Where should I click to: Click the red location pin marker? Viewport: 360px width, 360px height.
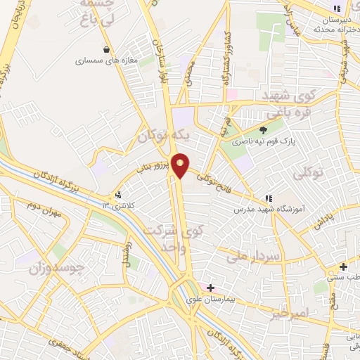pyautogui.click(x=181, y=165)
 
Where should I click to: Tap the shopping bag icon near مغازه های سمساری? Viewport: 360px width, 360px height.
pyautogui.click(x=105, y=49)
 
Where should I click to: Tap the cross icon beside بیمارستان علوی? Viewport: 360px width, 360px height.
pyautogui.click(x=210, y=288)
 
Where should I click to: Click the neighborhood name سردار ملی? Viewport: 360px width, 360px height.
pyautogui.click(x=254, y=257)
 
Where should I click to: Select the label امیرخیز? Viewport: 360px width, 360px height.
pyautogui.click(x=289, y=311)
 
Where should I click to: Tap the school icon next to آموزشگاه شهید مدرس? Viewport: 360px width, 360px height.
pyautogui.click(x=268, y=198)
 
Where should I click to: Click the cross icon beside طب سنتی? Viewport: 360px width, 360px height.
pyautogui.click(x=343, y=266)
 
